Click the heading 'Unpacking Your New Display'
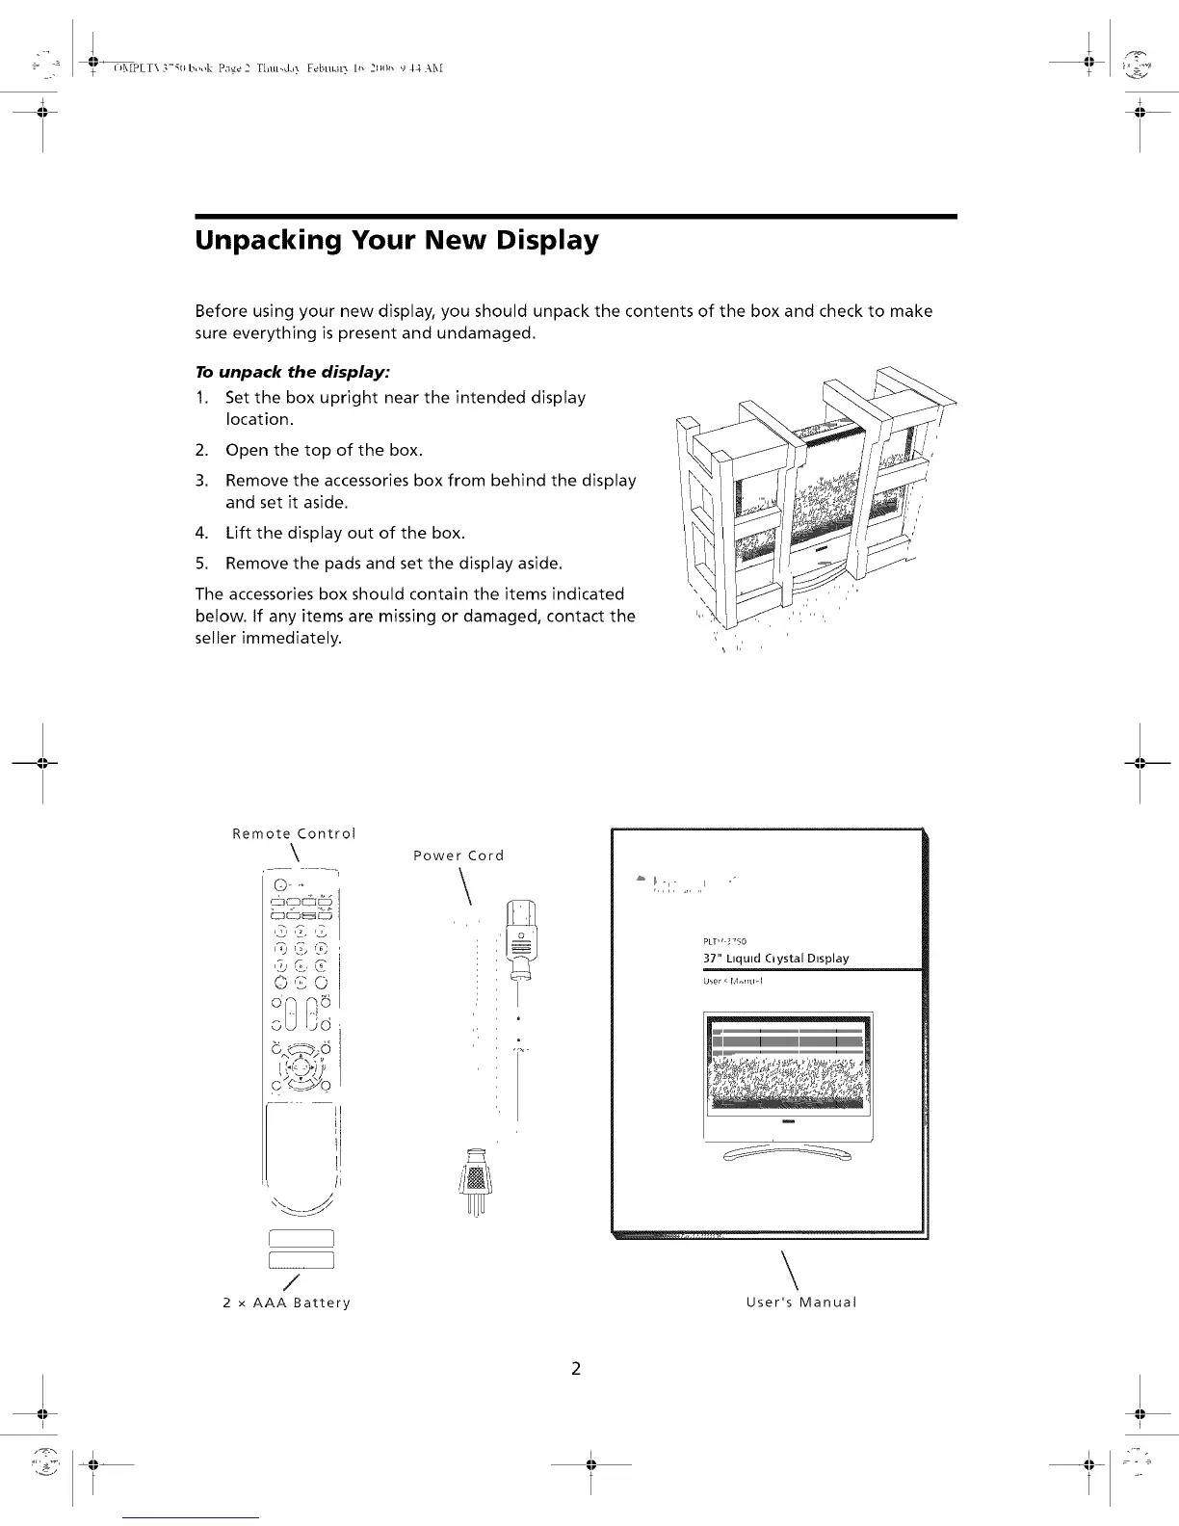[397, 240]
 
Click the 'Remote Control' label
[294, 833]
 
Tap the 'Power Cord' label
[458, 855]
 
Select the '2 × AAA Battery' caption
[286, 1302]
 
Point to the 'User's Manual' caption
[800, 1302]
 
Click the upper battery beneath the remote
[301, 1239]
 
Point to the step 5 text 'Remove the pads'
[287, 563]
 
